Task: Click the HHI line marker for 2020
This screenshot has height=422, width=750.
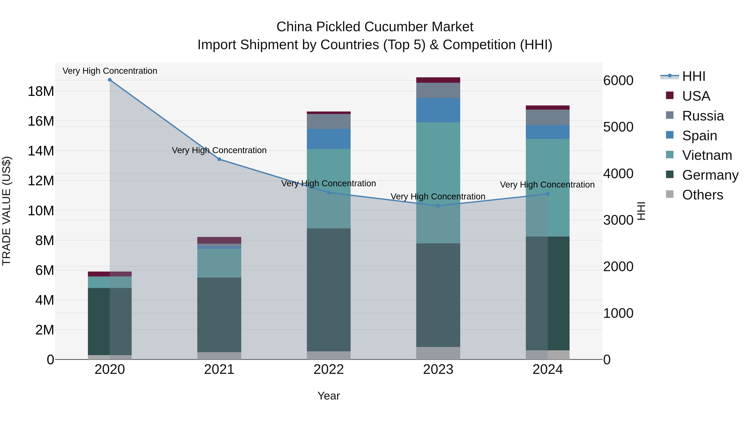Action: [110, 80]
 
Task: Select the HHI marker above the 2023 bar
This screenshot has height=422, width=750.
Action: [438, 206]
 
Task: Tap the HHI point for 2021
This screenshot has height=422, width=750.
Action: [219, 159]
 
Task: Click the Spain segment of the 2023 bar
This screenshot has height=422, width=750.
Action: [438, 110]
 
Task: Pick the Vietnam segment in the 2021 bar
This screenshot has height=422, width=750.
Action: [219, 263]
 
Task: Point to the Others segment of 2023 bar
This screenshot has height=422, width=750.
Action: [438, 353]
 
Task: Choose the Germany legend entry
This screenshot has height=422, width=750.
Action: [710, 175]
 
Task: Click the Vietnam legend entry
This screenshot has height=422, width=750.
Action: [707, 155]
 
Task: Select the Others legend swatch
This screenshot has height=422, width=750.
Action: [670, 194]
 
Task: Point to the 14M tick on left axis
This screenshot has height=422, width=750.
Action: [41, 151]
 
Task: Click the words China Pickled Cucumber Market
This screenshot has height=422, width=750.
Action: [375, 27]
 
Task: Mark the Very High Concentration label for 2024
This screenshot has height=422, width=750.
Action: [547, 185]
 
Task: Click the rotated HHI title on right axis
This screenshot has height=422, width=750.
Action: [641, 211]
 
